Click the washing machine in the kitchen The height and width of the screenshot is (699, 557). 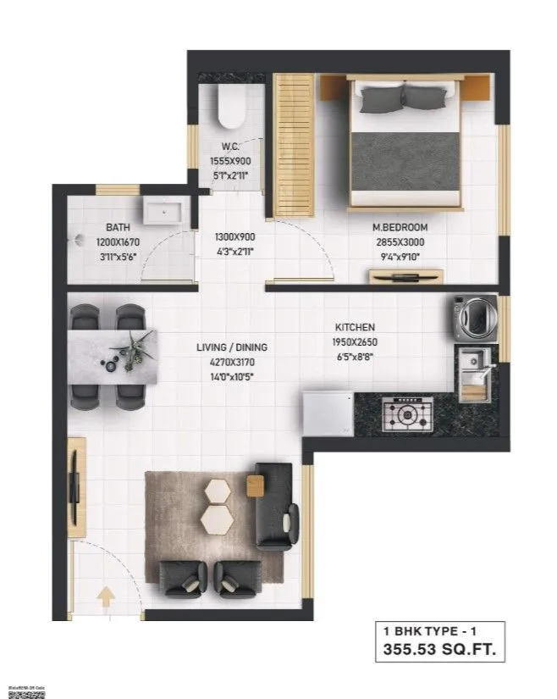(472, 317)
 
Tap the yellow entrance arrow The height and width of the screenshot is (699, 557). (107, 596)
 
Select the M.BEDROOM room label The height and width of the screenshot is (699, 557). (400, 227)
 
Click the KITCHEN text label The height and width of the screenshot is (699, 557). (355, 327)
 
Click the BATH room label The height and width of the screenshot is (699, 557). (117, 228)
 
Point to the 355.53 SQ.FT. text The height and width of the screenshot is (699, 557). (439, 651)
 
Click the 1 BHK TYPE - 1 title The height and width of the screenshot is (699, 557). (439, 631)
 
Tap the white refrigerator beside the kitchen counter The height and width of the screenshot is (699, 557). (328, 413)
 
